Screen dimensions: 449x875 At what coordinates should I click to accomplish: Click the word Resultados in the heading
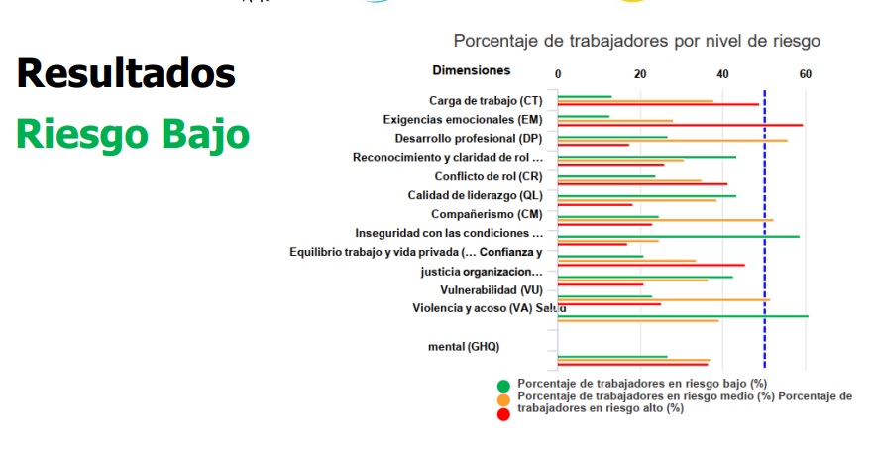[x=126, y=74]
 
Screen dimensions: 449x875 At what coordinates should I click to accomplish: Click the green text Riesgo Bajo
[x=132, y=135]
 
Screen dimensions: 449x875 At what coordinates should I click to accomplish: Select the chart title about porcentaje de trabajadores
[x=636, y=41]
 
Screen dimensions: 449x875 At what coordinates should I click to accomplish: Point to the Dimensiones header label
[x=472, y=70]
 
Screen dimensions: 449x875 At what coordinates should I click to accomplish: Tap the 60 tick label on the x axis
[x=805, y=74]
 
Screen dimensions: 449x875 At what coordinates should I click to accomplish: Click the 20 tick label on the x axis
[x=640, y=74]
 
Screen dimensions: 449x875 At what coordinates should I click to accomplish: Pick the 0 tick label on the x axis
[x=558, y=74]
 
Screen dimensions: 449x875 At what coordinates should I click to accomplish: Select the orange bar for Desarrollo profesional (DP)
[x=672, y=140]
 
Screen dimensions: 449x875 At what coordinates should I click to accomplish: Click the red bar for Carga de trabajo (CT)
[x=658, y=104]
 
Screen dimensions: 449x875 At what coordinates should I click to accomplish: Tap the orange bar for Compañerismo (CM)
[x=665, y=220]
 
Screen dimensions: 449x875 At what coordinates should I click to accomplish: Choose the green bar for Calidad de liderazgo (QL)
[x=646, y=195]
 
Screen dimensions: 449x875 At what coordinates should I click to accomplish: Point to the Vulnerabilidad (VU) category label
[x=491, y=290]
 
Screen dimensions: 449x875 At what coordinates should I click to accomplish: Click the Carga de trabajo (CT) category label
[x=486, y=100]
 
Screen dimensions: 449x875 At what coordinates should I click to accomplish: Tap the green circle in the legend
[x=503, y=385]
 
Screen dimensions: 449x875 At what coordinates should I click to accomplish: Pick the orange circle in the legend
[x=503, y=398]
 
